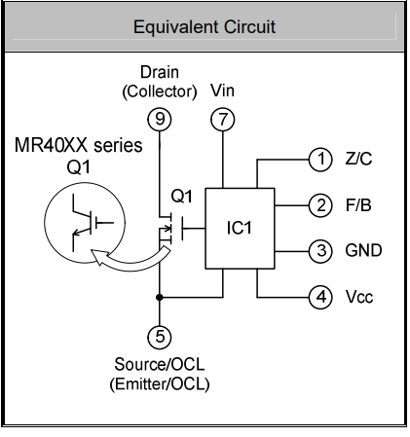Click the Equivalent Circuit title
click(205, 27)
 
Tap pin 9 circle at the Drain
click(160, 120)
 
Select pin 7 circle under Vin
click(223, 120)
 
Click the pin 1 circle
click(320, 160)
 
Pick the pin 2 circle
click(320, 205)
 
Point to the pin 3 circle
click(320, 251)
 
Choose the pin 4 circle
click(320, 297)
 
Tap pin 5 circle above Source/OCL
click(160, 337)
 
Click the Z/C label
click(358, 159)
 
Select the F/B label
click(358, 205)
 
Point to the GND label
click(363, 251)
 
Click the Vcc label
click(359, 297)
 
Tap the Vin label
click(222, 91)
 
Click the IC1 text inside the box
click(240, 228)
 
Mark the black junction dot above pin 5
click(160, 297)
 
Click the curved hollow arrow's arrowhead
click(98, 257)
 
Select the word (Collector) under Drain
click(160, 91)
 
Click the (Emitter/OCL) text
click(160, 384)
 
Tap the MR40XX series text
click(79, 145)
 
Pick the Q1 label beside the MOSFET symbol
click(182, 196)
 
